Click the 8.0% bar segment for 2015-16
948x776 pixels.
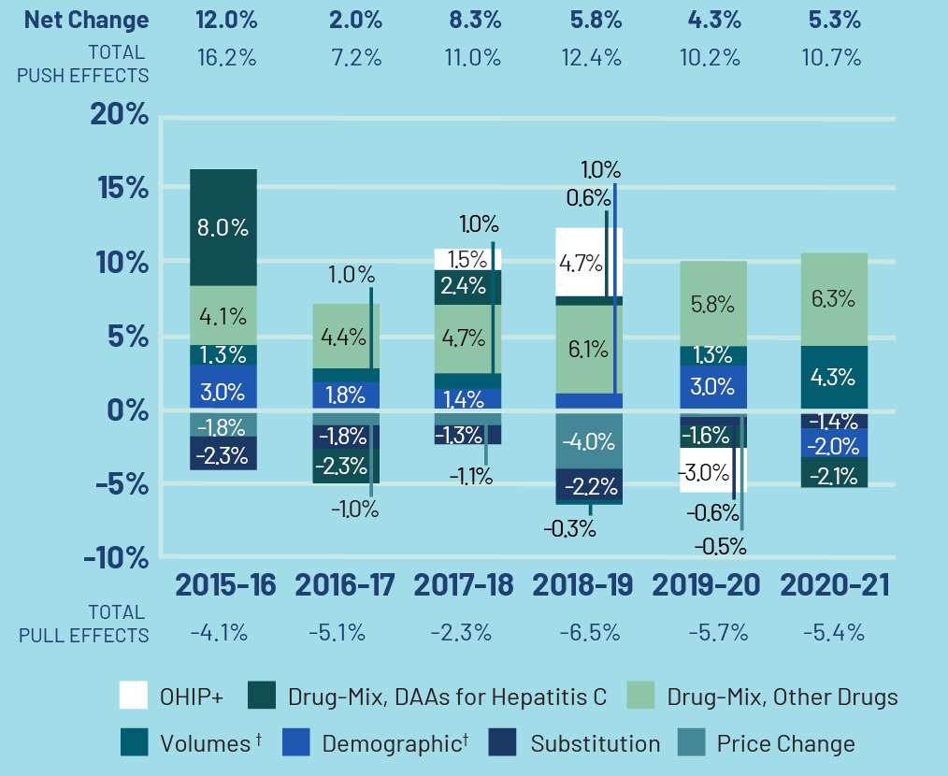(223, 227)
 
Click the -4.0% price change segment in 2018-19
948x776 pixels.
(588, 441)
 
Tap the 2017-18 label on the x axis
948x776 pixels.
(464, 585)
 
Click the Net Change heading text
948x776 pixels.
(87, 20)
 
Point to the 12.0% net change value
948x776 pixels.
(225, 20)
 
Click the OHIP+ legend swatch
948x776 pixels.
(134, 697)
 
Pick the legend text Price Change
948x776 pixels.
(785, 744)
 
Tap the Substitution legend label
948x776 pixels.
(595, 744)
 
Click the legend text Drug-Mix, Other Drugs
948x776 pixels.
(782, 697)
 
